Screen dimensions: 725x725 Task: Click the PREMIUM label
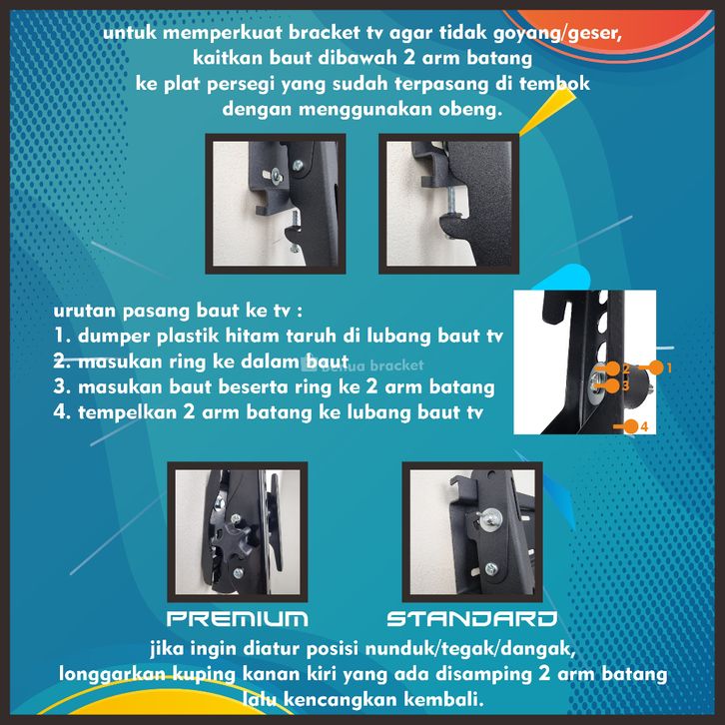pyautogui.click(x=238, y=619)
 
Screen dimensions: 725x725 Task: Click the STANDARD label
pyautogui.click(x=472, y=619)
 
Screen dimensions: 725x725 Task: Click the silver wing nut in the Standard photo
pyautogui.click(x=490, y=519)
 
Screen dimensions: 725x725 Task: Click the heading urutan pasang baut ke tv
pyautogui.click(x=178, y=311)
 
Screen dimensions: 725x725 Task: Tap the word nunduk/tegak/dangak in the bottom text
pyautogui.click(x=469, y=649)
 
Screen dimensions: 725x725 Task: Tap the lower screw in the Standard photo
pyautogui.click(x=491, y=568)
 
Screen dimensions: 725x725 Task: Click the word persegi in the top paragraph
pyautogui.click(x=241, y=85)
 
